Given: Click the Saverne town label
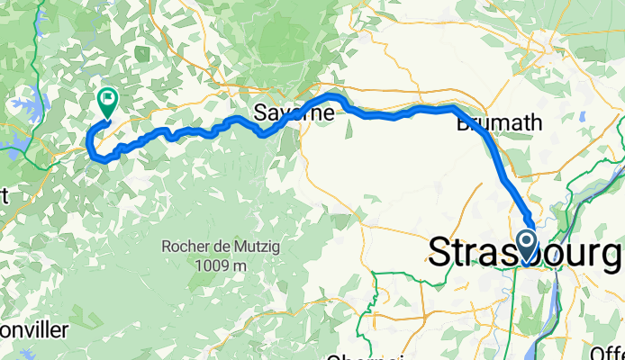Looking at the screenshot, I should [x=293, y=113].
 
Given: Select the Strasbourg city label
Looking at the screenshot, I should [x=525, y=253].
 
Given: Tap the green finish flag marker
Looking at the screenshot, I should [x=107, y=102].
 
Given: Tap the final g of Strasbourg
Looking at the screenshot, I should [x=612, y=256].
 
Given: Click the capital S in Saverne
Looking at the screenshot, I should [x=259, y=113].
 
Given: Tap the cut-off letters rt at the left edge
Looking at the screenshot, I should [x=5, y=196].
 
